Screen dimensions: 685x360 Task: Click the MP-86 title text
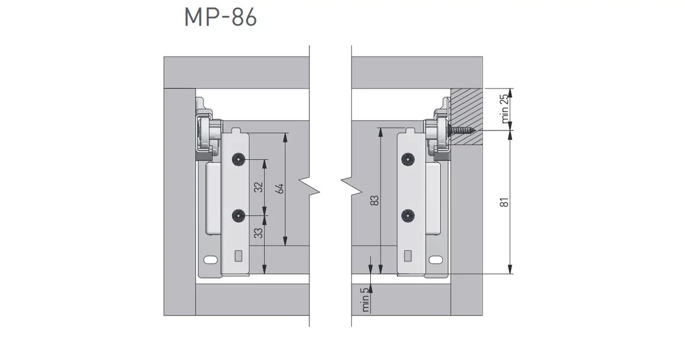221,18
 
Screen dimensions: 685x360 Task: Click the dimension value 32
259,187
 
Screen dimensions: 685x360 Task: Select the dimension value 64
279,188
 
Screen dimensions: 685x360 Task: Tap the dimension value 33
259,233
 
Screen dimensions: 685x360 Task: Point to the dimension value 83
374,200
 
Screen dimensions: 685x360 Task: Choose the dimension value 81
504,202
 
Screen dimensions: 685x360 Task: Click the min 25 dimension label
504,108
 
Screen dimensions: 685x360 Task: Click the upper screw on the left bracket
239,160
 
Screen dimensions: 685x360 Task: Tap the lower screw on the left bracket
239,215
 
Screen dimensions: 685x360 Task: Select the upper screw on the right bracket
408,160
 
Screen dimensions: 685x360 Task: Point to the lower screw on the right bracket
408,215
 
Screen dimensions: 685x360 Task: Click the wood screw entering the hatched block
462,130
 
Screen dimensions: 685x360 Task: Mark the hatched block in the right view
467,117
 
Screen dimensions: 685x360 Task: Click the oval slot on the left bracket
211,260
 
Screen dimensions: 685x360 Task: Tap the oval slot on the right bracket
436,260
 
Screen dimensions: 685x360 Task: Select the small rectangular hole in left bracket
239,256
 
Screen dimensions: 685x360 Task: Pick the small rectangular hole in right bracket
407,256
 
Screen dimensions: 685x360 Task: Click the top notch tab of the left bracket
236,130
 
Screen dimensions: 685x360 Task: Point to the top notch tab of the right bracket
410,130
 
